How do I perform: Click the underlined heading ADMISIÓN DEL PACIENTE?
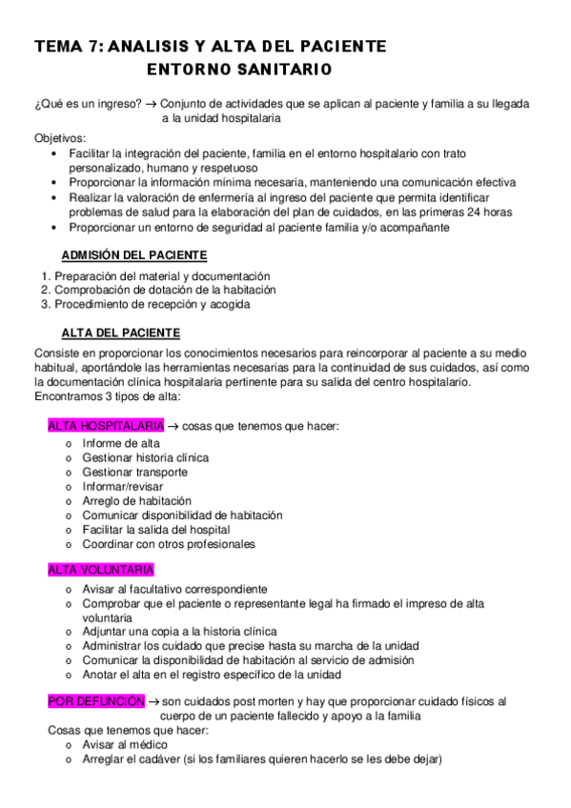(134, 255)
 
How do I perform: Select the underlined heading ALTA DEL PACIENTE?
(120, 333)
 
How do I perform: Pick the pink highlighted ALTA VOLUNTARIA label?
(100, 570)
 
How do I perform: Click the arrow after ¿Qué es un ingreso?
(152, 103)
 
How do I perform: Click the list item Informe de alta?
(121, 443)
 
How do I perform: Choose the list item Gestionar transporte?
(134, 472)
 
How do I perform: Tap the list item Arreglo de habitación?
(137, 500)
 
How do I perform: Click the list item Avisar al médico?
(125, 744)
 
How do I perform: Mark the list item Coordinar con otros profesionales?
(168, 544)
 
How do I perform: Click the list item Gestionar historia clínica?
(145, 457)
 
